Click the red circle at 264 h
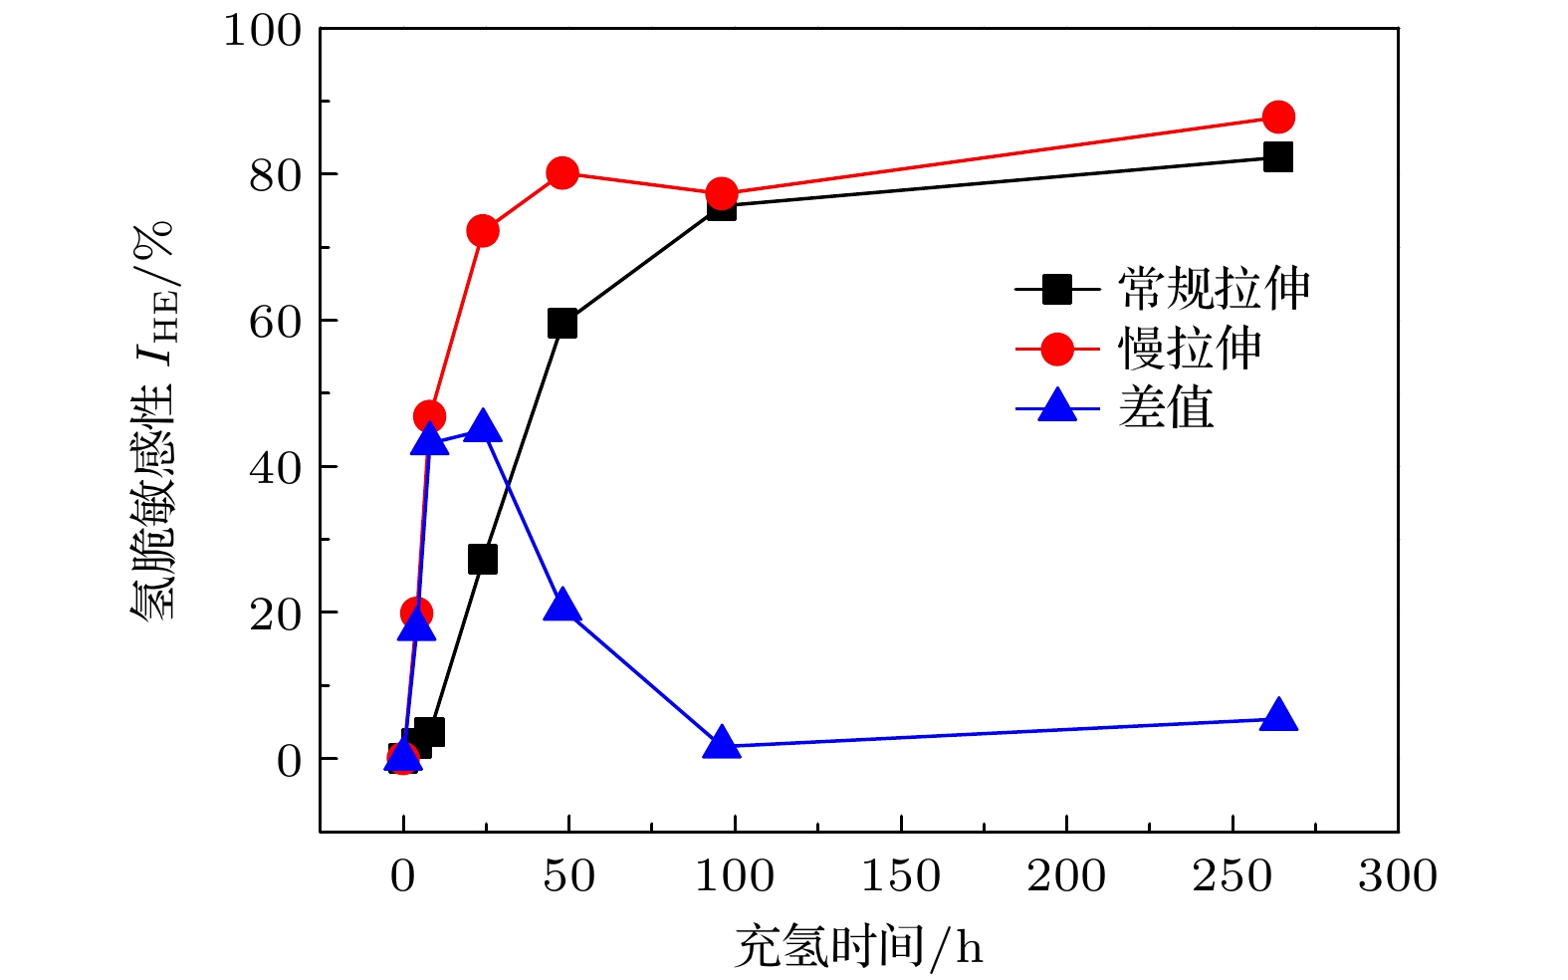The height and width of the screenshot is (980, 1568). [1278, 117]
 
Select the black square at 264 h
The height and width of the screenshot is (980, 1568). [1278, 156]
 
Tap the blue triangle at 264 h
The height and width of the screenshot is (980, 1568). [1278, 716]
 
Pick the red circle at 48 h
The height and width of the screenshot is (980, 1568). [562, 172]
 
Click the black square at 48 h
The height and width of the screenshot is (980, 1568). [562, 323]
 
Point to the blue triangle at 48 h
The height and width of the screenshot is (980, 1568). [562, 605]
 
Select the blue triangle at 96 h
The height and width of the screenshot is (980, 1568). [722, 744]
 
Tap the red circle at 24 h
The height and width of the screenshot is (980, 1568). [483, 231]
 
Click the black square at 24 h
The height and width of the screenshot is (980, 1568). [483, 559]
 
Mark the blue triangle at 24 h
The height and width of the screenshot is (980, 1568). [483, 427]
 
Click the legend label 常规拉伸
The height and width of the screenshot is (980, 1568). [1214, 290]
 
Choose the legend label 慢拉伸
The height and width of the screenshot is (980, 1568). [1190, 350]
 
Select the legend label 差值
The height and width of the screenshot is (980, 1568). [1166, 408]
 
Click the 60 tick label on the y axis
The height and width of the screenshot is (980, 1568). [275, 322]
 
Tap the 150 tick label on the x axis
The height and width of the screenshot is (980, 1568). [901, 876]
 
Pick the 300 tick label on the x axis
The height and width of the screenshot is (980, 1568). [1398, 876]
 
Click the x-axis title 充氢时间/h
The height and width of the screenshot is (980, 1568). [858, 945]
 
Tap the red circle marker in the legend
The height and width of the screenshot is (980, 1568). [1057, 350]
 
